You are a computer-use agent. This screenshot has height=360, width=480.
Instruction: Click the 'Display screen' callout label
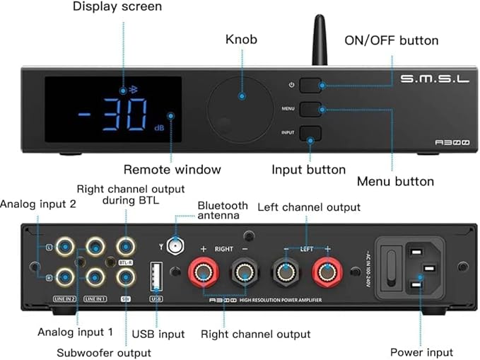pyautogui.click(x=117, y=7)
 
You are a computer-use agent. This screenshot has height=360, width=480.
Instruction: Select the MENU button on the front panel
pyautogui.click(x=310, y=109)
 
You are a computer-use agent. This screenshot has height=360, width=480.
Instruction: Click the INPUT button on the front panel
pyautogui.click(x=310, y=132)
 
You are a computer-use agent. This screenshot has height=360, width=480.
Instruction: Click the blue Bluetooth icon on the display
pyautogui.click(x=124, y=90)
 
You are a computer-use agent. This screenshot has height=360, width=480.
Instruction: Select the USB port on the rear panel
pyautogui.click(x=157, y=277)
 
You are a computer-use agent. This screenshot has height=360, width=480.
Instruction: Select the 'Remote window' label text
pyautogui.click(x=172, y=170)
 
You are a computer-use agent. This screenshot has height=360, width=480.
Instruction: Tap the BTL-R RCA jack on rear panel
pyautogui.click(x=125, y=246)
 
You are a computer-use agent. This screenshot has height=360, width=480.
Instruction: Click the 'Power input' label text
pyautogui.click(x=421, y=352)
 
